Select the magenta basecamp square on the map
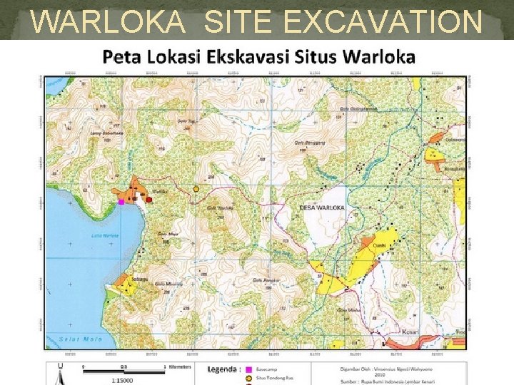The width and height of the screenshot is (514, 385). [x=121, y=202]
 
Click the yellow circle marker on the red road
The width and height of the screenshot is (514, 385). [x=196, y=189]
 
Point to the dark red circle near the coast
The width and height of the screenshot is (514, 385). [x=148, y=200]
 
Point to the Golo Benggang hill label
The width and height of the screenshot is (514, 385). [x=308, y=142]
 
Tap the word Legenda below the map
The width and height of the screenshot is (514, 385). [x=223, y=369]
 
